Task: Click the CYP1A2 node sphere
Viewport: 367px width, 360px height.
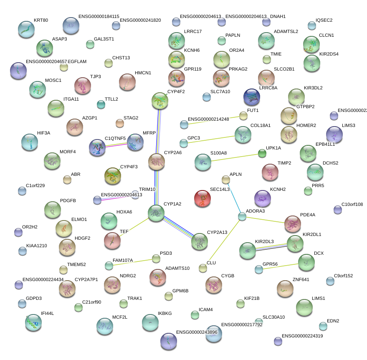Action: pos(156,213)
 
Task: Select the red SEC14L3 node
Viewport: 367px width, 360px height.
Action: pos(202,198)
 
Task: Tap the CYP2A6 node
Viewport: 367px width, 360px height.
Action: pos(157,162)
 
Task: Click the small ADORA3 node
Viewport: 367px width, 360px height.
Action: pos(242,216)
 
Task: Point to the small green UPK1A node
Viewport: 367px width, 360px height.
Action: pos(262,153)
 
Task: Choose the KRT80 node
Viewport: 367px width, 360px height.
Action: pos(27,29)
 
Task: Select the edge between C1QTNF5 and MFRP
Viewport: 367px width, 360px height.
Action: pos(117,145)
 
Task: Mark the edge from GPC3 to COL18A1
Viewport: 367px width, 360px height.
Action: pos(211,139)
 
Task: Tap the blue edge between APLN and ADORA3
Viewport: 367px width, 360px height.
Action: pos(234,198)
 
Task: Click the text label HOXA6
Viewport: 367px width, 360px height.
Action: pos(124,212)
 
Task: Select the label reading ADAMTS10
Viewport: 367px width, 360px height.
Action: pos(177,268)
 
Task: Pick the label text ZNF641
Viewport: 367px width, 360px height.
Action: pos(301,279)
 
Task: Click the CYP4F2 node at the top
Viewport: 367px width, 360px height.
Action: pos(160,101)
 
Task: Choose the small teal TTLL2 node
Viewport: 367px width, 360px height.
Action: pos(101,104)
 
